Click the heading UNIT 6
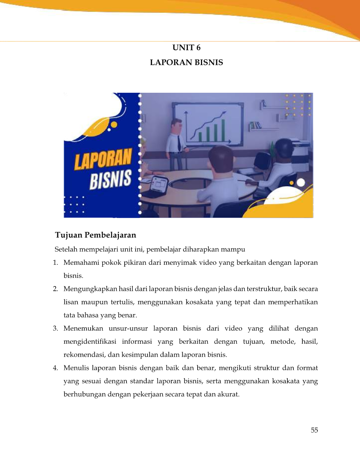coord(186,47)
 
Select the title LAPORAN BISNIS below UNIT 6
coord(186,62)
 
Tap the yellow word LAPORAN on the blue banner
coord(103,159)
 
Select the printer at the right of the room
coord(301,150)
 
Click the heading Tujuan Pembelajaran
coord(95,235)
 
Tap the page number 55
coord(314,430)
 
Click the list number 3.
coord(55,328)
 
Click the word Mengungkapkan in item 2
coord(90,289)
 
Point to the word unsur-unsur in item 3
coord(128,328)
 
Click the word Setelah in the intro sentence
coord(65,249)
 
